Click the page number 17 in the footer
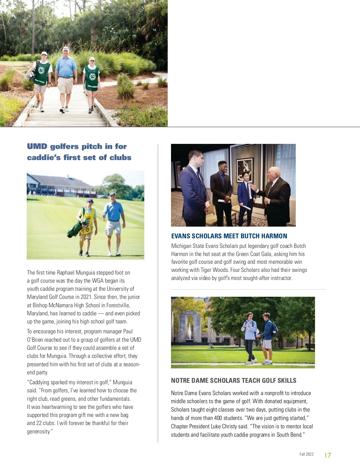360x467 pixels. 328,455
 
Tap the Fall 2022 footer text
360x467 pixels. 306,454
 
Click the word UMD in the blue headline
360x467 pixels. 37,146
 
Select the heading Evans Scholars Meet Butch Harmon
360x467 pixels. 229,236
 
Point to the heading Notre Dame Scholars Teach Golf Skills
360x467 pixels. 233,380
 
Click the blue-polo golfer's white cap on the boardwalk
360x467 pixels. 66,48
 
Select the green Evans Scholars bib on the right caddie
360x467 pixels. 91,78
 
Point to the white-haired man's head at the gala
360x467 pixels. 274,173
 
